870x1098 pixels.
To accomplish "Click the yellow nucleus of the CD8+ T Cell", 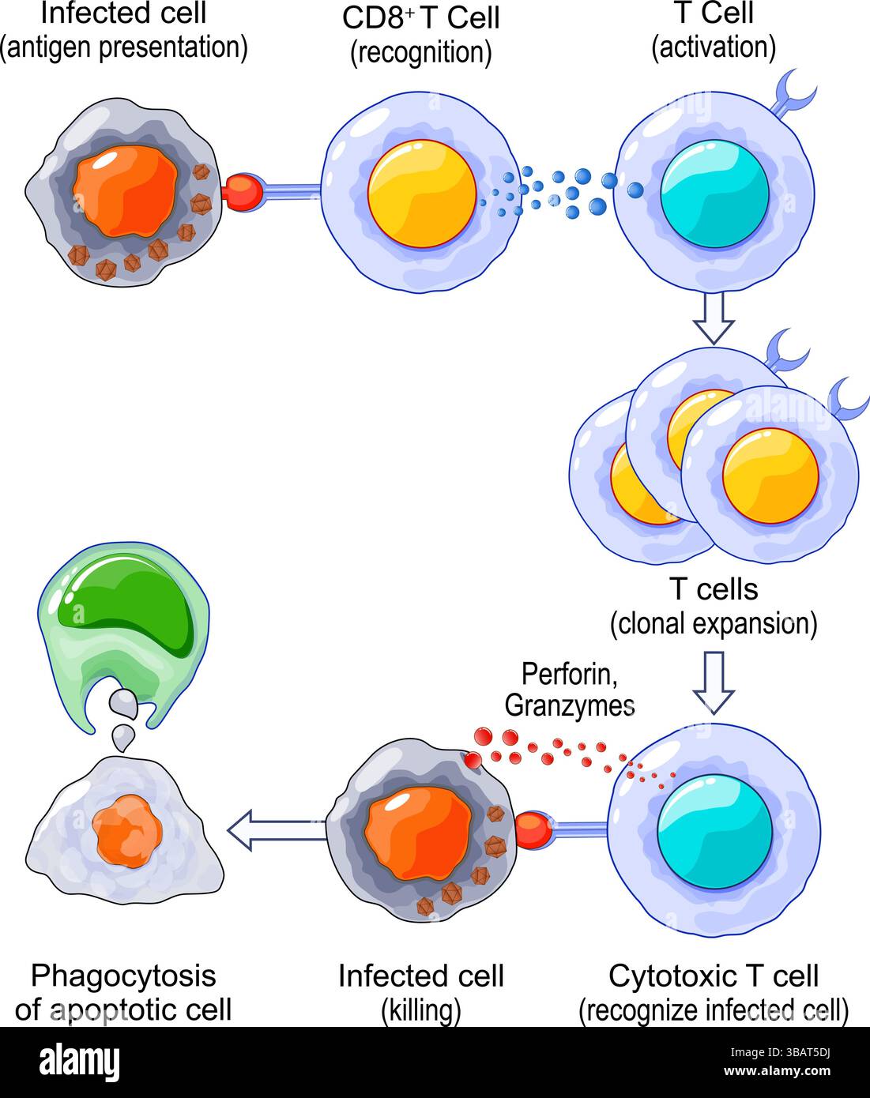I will pyautogui.click(x=422, y=194).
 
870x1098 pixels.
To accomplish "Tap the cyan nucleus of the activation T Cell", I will pyautogui.click(x=714, y=194).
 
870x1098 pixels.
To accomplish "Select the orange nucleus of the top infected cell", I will pyautogui.click(x=125, y=190).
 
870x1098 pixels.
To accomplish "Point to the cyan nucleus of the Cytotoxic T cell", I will pyautogui.click(x=714, y=832).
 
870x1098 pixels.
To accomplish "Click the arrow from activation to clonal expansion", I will pyautogui.click(x=714, y=318).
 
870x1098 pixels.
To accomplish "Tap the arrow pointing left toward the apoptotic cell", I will pyautogui.click(x=276, y=830).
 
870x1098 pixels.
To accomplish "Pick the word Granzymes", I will pyautogui.click(x=569, y=705).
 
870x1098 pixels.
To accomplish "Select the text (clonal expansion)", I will pyautogui.click(x=713, y=624).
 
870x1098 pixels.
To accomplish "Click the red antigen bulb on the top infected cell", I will pyautogui.click(x=244, y=193).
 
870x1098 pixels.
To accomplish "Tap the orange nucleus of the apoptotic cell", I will pyautogui.click(x=126, y=832).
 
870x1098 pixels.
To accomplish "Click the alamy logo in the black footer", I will pyautogui.click(x=79, y=1061).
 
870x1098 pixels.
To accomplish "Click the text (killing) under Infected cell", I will pyautogui.click(x=420, y=1010).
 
